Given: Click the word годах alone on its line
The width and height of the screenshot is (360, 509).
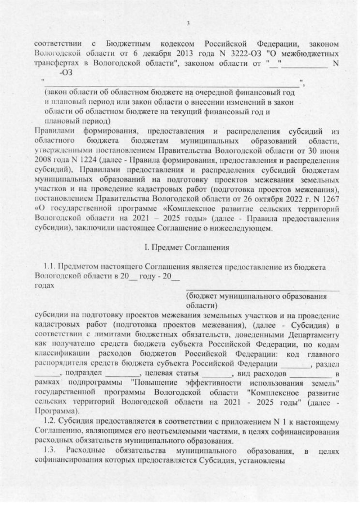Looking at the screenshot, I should point(44,286).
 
